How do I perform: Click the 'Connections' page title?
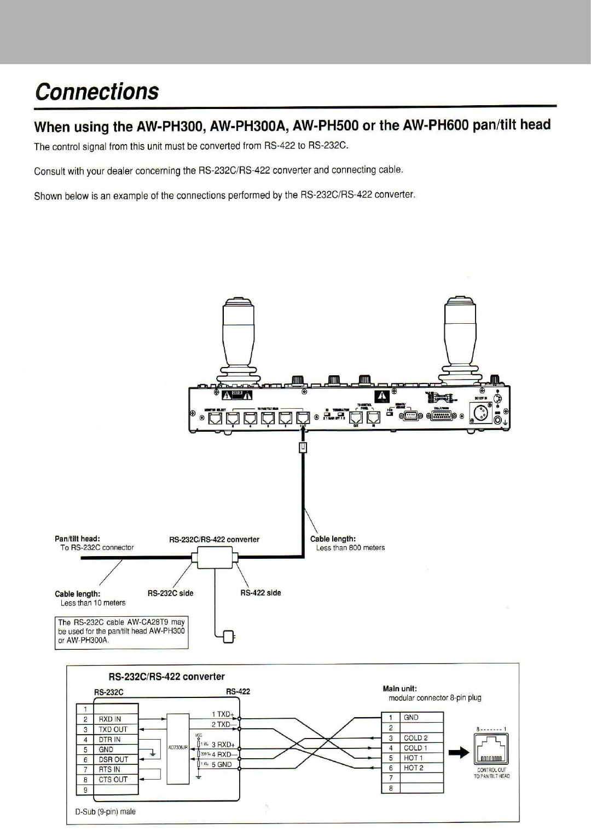pos(97,91)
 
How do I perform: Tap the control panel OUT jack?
pos(356,418)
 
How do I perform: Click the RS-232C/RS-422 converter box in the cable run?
pos(214,559)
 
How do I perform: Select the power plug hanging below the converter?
pos(228,636)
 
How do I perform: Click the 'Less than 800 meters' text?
pos(350,547)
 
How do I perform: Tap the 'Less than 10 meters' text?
pos(93,603)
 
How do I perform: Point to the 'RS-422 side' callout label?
pos(260,593)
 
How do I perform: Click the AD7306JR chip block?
pos(177,747)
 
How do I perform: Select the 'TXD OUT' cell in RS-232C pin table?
pos(113,729)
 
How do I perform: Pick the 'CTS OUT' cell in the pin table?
pos(113,779)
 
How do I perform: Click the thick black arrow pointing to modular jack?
pos(459,754)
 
